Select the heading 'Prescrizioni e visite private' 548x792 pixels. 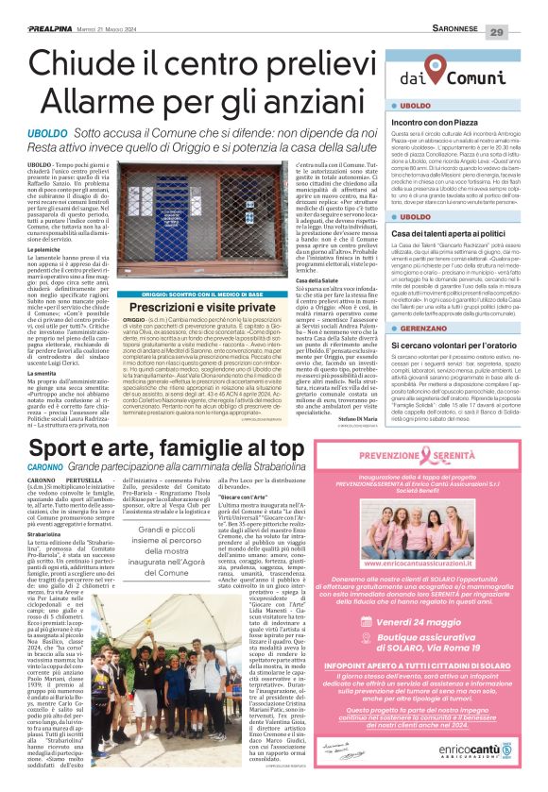(x=190, y=308)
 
